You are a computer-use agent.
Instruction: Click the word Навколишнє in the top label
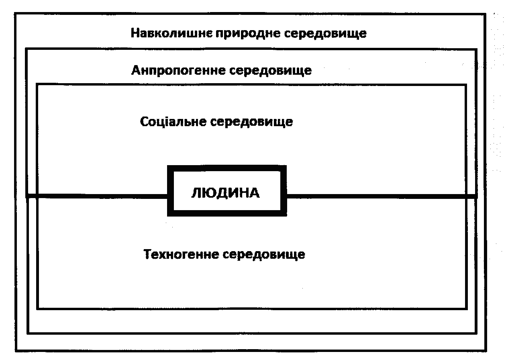[171, 33]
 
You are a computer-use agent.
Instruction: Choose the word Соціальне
[173, 122]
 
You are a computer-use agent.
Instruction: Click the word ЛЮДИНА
[225, 193]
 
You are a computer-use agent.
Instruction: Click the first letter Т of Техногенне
[147, 254]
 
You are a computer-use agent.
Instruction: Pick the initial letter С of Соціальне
[144, 122]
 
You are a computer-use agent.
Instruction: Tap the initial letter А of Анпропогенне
[136, 71]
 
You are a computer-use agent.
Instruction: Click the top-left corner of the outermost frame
[15, 14]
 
